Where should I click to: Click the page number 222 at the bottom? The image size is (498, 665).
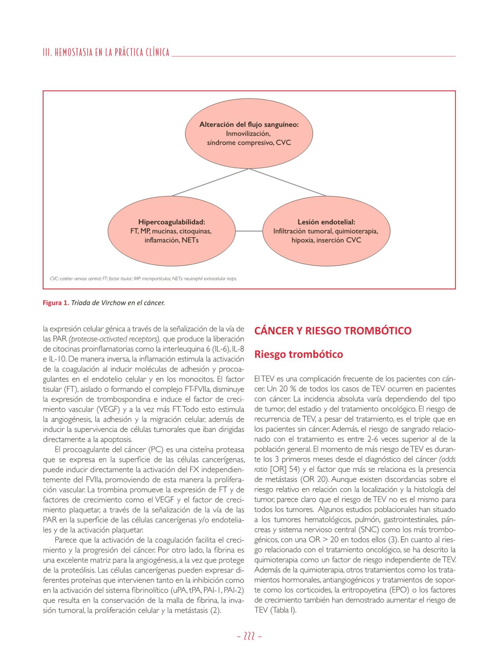pos(249,636)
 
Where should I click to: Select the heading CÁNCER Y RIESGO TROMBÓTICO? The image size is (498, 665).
pos(333,331)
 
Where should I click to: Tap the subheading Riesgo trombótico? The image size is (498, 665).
pos(298,354)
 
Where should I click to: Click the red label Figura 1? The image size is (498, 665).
pos(56,303)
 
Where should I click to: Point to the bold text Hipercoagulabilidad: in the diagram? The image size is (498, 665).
pos(172,222)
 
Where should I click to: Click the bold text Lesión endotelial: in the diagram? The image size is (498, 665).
pos(326,222)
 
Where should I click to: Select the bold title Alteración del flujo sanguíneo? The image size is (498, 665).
pos(249,124)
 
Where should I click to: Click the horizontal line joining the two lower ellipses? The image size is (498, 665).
pos(249,231)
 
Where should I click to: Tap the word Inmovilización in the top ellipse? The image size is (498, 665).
pos(248,133)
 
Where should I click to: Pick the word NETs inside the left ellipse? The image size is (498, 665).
pos(190,240)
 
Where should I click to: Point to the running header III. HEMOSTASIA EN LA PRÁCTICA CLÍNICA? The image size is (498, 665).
pos(106,53)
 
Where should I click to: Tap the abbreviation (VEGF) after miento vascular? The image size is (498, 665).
pos(108,409)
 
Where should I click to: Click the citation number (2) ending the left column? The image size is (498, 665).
pos(216,610)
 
